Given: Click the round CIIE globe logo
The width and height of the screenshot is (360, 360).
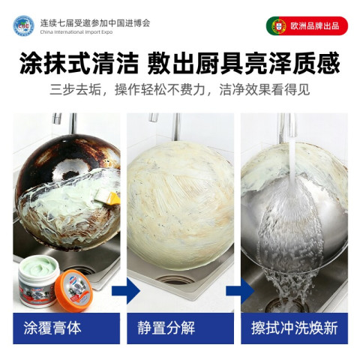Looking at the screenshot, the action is (24, 25).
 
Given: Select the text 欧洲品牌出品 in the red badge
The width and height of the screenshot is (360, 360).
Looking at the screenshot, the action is (315, 25).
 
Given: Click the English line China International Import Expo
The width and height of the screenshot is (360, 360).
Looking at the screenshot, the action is (76, 32).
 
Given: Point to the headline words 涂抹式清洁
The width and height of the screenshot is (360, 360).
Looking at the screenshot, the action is (79, 63).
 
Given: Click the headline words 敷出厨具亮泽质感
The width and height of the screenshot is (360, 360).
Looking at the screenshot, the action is (244, 63).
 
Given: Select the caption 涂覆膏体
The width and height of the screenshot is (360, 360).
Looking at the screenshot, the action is (52, 328).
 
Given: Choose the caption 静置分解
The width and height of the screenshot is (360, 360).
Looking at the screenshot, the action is (166, 328).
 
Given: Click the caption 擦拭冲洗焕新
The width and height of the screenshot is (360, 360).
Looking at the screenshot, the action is (294, 328).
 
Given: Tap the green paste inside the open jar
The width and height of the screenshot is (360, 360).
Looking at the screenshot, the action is (39, 268).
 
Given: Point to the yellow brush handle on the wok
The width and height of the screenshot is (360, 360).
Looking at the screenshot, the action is (114, 198).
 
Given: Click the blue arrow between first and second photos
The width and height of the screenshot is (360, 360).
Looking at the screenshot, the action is (126, 291).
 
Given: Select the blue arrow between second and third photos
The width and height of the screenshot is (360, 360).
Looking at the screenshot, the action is (240, 291).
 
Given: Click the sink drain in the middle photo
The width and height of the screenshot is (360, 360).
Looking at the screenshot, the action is (175, 280).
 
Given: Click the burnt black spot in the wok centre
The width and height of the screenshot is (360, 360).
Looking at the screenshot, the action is (70, 175).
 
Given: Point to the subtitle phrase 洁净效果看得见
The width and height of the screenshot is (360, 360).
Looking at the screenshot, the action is (265, 89).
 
